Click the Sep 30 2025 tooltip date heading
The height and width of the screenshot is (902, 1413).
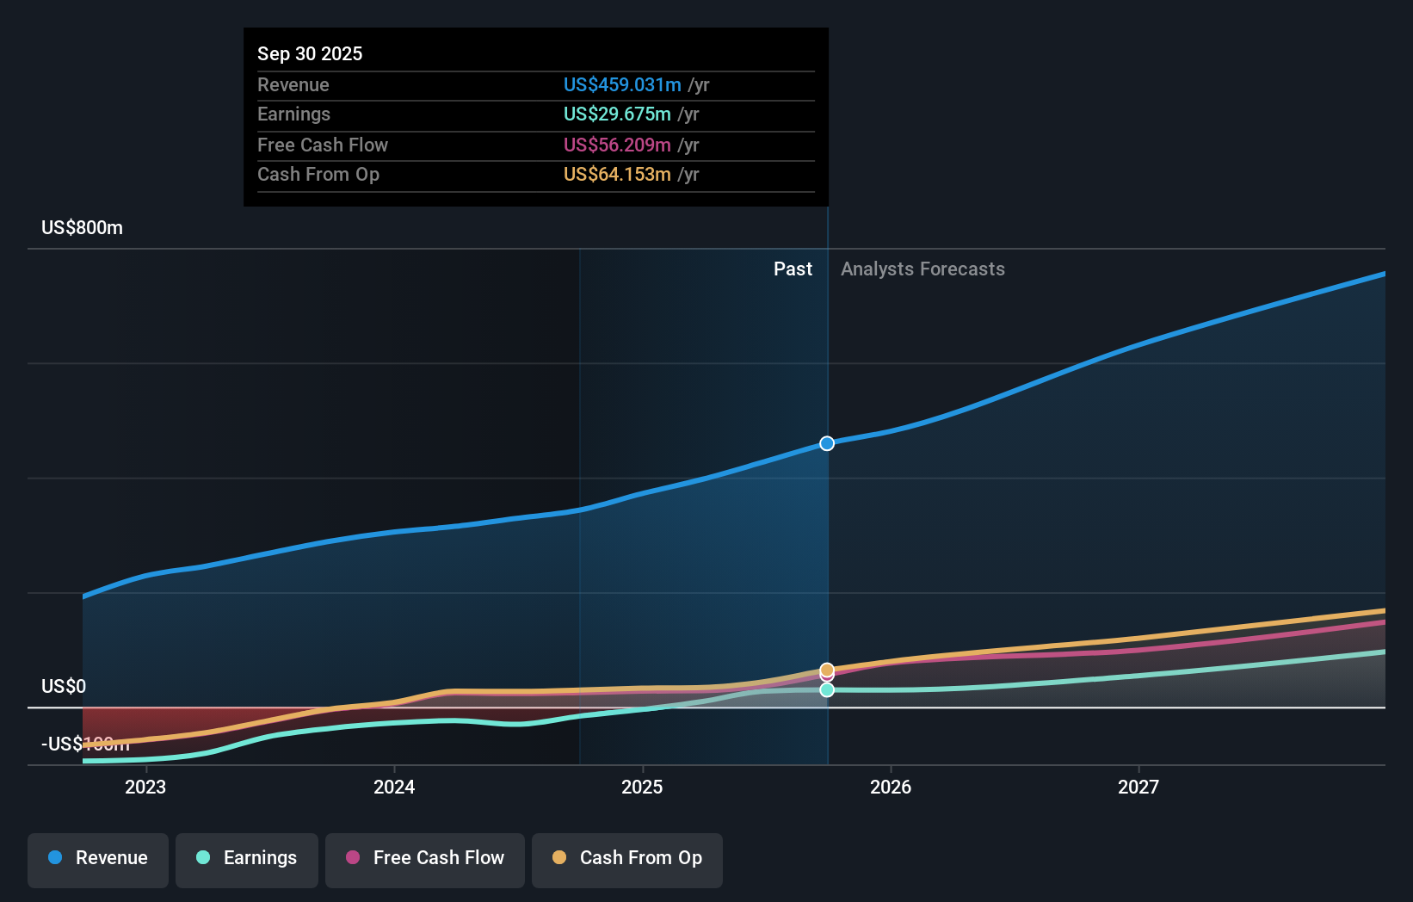coord(310,53)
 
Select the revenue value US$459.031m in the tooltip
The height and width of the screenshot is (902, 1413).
coord(622,84)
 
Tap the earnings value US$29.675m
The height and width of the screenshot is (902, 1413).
coord(617,114)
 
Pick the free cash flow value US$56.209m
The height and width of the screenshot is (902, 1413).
coord(617,145)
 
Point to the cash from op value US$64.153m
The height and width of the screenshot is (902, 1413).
coord(617,174)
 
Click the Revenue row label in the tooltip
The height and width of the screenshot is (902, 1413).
coord(293,84)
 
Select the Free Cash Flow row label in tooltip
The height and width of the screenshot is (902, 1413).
coord(323,145)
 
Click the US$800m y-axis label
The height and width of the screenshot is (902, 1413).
coord(82,227)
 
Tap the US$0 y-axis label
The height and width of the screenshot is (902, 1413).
coord(64,686)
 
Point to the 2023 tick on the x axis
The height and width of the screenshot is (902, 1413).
coord(145,787)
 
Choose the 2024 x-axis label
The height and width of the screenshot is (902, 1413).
coord(394,787)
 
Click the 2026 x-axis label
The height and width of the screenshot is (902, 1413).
coord(891,787)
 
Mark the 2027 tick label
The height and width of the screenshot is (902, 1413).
coord(1138,787)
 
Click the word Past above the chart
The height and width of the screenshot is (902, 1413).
coord(793,269)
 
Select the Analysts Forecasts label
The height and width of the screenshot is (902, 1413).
coord(922,269)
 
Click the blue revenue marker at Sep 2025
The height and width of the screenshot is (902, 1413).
coord(827,443)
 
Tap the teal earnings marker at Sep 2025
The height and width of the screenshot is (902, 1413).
coord(827,689)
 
